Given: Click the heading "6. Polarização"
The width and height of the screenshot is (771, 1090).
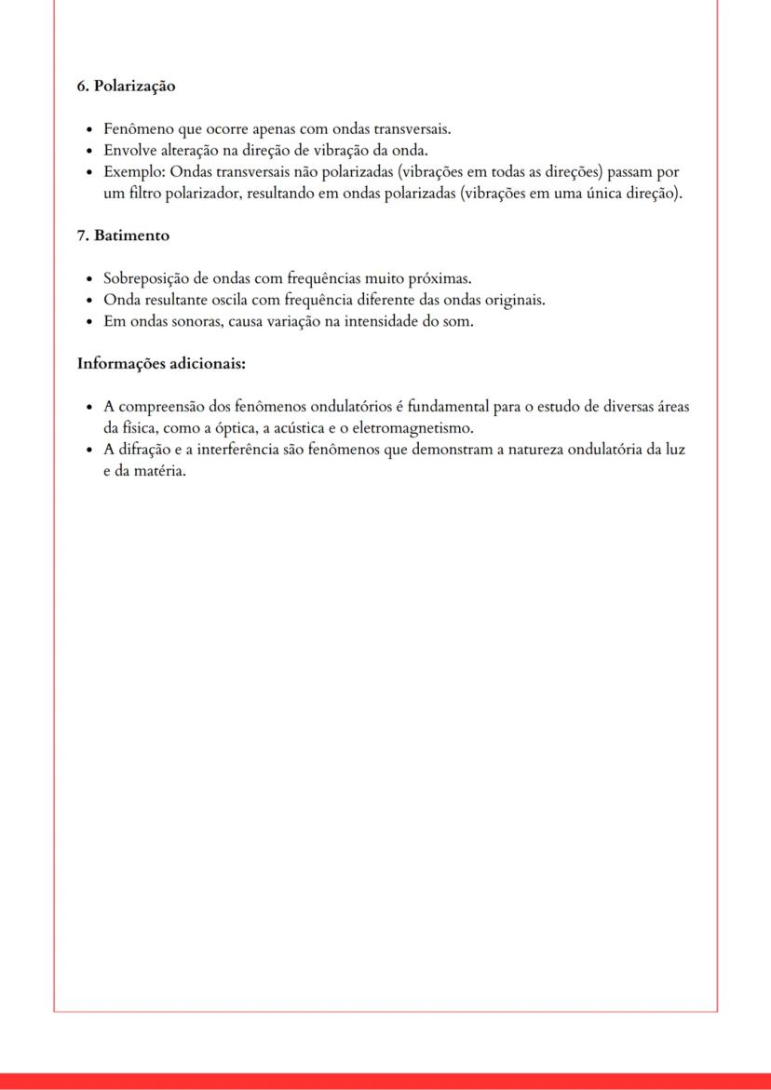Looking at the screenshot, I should click(126, 87).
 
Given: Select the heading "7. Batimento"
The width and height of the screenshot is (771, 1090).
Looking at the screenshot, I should click(123, 235).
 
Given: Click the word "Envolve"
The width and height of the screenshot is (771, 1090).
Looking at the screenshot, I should click(131, 151).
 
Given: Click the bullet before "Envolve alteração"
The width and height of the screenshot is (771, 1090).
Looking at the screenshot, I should click(88, 151).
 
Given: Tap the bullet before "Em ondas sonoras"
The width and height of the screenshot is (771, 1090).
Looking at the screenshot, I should click(88, 322).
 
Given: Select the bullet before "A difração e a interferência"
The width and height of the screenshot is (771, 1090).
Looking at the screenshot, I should click(88, 451).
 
